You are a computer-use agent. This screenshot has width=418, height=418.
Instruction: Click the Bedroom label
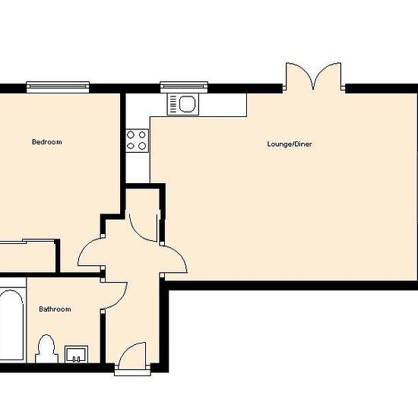47,142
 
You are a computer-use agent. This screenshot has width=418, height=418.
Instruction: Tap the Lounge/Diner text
290,144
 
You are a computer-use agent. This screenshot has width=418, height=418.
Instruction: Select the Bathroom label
55,309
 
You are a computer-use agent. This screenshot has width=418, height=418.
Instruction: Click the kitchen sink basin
187,104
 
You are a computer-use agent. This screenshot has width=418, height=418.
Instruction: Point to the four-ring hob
137,141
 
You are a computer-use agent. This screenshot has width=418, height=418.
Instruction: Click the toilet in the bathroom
46,349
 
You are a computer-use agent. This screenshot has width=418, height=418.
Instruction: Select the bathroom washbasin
76,354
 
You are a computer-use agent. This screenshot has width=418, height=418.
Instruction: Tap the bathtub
11,325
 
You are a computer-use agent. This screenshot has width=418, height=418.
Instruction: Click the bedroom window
58,87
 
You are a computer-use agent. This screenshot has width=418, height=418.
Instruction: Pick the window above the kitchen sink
184,87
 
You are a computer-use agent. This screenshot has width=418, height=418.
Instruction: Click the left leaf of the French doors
299,75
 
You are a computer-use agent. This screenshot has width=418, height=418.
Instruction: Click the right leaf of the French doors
328,75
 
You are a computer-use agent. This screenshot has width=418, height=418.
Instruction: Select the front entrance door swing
133,356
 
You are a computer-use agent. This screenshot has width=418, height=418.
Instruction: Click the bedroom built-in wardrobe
27,256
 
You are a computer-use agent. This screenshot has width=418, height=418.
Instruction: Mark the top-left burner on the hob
131,135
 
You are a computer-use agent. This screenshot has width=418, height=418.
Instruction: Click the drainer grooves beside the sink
173,104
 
